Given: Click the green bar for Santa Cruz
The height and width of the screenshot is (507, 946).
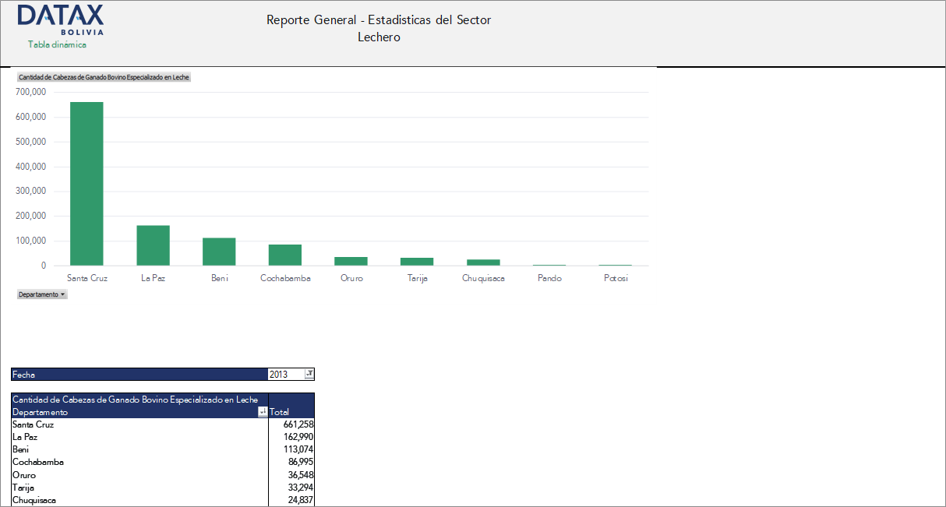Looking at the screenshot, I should click(x=86, y=184).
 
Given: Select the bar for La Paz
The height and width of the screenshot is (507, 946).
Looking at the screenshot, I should click(x=153, y=245).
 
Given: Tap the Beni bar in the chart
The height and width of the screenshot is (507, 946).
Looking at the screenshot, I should click(x=219, y=252).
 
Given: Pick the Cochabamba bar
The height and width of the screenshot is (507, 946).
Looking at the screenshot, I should click(x=285, y=255).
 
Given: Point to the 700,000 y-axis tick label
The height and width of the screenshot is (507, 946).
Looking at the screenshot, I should click(x=30, y=92).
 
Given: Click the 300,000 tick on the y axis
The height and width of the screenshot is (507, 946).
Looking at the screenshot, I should click(x=30, y=191).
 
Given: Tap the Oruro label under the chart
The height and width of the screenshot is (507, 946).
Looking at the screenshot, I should click(x=351, y=278).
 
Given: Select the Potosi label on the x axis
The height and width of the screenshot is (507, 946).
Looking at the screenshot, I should click(x=616, y=278).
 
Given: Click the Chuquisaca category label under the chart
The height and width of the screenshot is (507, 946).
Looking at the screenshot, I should click(x=483, y=278).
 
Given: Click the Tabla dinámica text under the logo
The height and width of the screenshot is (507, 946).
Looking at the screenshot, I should click(x=57, y=44).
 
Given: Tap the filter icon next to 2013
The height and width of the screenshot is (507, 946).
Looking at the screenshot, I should click(x=309, y=375).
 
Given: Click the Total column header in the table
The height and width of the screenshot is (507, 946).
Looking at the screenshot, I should click(x=280, y=412).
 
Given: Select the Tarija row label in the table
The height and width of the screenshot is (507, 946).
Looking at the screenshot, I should click(x=23, y=488).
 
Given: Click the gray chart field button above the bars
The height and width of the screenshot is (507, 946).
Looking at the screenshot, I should click(x=104, y=77).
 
